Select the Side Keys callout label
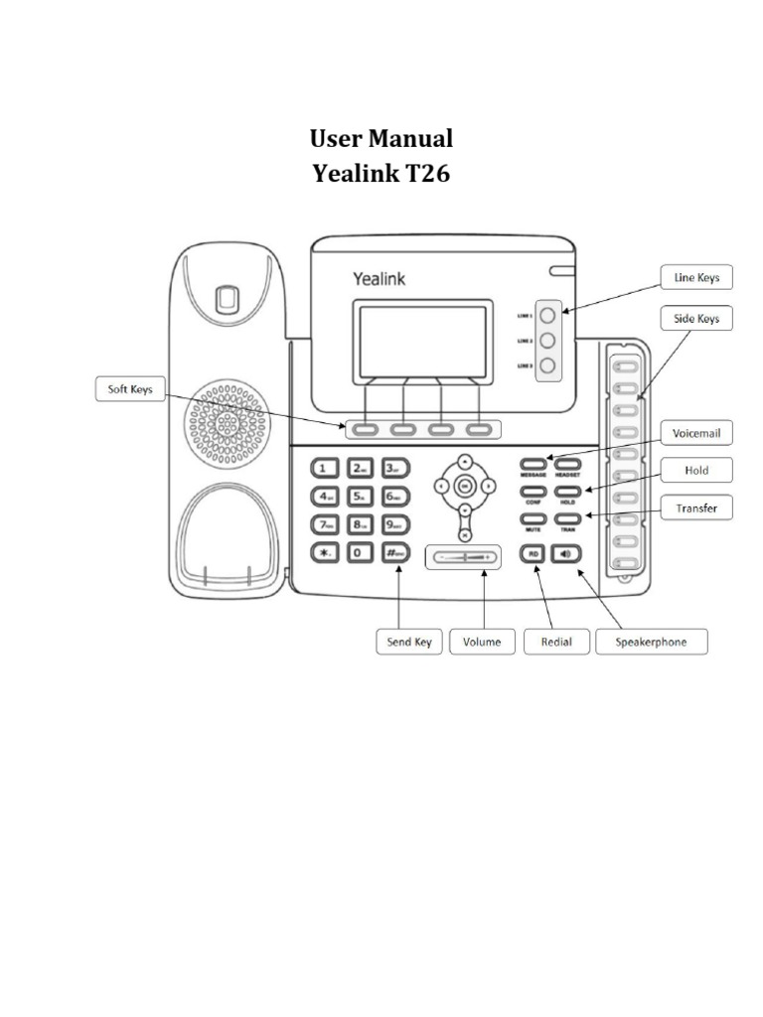[696, 319]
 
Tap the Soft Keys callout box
[129, 389]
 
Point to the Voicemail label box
[696, 433]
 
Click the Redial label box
[554, 642]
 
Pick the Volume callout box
[483, 642]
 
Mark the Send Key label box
[408, 642]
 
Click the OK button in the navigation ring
[464, 486]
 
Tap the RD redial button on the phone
[534, 553]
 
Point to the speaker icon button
[566, 553]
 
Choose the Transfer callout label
[696, 508]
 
